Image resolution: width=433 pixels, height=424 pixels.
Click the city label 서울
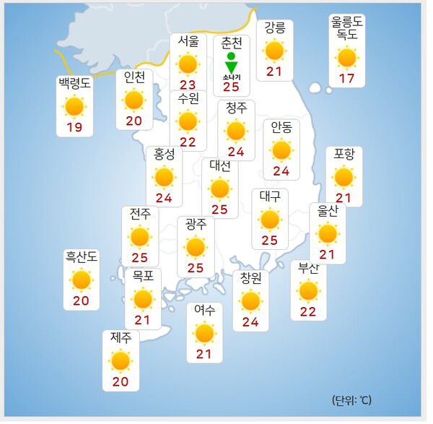(188, 42)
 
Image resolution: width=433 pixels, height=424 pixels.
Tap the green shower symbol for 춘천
(231, 63)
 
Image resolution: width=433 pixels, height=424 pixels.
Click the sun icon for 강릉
(274, 50)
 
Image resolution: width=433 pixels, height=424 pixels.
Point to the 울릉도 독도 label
(347, 28)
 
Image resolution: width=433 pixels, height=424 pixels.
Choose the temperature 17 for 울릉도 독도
(347, 78)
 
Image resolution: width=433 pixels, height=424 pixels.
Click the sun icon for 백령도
(74, 107)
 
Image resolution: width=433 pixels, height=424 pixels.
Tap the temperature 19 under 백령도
(74, 128)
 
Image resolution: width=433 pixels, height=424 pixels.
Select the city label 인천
(134, 77)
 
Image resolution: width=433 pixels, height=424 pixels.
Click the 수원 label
(188, 98)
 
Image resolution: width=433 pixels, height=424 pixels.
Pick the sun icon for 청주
(236, 131)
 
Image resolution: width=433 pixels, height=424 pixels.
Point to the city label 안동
(281, 128)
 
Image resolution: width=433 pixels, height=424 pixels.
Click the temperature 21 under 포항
(344, 197)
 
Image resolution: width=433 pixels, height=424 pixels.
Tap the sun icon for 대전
(220, 189)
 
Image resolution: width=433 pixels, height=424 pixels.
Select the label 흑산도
(81, 257)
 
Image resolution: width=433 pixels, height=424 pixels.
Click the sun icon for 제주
(121, 360)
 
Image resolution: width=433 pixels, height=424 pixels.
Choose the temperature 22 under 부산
(308, 311)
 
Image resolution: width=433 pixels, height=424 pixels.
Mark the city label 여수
(204, 311)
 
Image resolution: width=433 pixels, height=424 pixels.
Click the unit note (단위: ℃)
(351, 399)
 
